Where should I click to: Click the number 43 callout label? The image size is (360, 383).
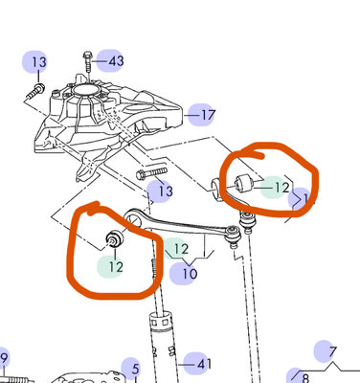pos(116,60)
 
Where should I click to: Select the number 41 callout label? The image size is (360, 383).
pos(204,364)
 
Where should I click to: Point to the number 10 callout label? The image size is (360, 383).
pos(190,274)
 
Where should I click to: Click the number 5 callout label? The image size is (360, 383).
pos(136,369)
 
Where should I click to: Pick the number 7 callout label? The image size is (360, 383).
pos(332,351)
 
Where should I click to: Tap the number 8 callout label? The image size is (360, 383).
pos(305,377)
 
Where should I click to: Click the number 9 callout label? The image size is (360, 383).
pos(4,358)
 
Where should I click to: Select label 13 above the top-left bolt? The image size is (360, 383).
pos(39,62)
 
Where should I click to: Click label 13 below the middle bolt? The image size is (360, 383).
pos(166,191)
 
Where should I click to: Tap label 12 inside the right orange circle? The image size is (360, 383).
pos(281,188)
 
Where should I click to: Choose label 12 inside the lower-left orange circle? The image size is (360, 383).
pos(116,266)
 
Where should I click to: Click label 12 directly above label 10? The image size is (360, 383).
pos(181,249)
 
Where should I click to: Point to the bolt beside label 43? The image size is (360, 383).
pos(88,62)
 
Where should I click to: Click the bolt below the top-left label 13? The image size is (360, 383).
pos(35,91)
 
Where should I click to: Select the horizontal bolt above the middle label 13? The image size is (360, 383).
pos(152,173)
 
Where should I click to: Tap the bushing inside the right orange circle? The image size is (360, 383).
pos(244,183)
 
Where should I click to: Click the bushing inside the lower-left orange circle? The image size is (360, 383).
pos(114,237)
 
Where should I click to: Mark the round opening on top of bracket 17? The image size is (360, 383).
pos(84,90)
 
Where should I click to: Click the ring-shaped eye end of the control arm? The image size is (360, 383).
pos(134,218)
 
